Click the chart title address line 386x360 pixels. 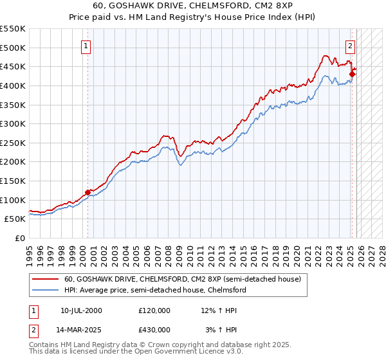coord(192,4)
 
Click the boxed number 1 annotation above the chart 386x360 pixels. coord(86,46)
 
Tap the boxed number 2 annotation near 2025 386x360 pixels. coord(351,46)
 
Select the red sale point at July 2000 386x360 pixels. coord(88,192)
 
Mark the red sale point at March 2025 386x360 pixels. coord(352,73)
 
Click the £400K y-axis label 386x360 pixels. coord(13,85)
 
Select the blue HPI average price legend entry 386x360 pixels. coord(154,291)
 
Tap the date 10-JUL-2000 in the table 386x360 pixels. coord(82,310)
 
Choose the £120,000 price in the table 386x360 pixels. coord(154,310)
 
